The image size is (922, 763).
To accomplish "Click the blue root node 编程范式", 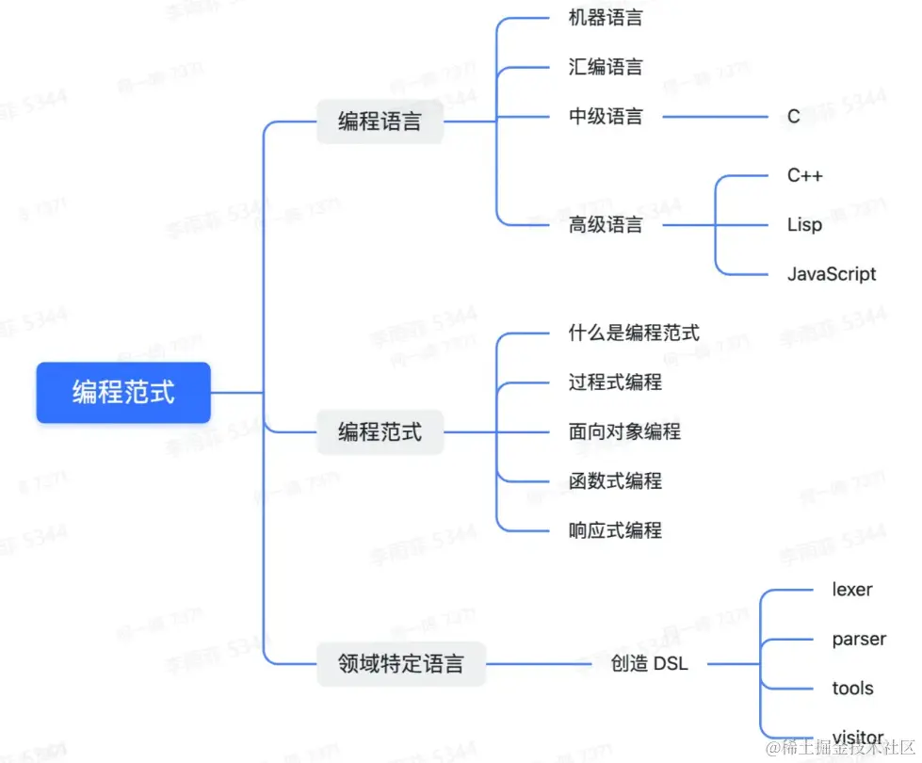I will pos(123,392).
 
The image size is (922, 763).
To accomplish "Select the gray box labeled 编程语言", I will pos(380,122).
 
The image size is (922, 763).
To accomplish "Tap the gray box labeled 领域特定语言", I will pos(400,663).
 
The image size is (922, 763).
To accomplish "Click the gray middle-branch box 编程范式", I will pos(380,432).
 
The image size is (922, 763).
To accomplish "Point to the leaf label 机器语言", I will pos(606,18).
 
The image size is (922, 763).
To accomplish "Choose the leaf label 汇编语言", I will pos(606,67).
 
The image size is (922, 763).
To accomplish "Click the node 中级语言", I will pos(606,117).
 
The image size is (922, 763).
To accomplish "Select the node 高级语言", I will pos(606,225).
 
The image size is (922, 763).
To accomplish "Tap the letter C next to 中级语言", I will pos(794,117).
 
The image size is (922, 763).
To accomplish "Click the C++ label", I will pos(805,175).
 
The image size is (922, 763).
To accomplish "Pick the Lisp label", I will pos(804,225).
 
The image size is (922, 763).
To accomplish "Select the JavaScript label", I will pos(832,274).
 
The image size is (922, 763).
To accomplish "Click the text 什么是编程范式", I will pos(634,333).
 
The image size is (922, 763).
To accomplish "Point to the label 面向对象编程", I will pos(624,431).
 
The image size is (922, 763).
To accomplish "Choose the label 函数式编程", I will pos(615,480).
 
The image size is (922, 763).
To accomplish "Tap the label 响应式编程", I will pos(615,530).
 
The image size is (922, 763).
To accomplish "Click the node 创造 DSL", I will pos(649,663).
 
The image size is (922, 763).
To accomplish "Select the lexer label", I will pos(851,590).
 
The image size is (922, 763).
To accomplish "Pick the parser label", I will pos(859,639).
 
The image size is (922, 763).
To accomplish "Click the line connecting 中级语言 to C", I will pos(716,117).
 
